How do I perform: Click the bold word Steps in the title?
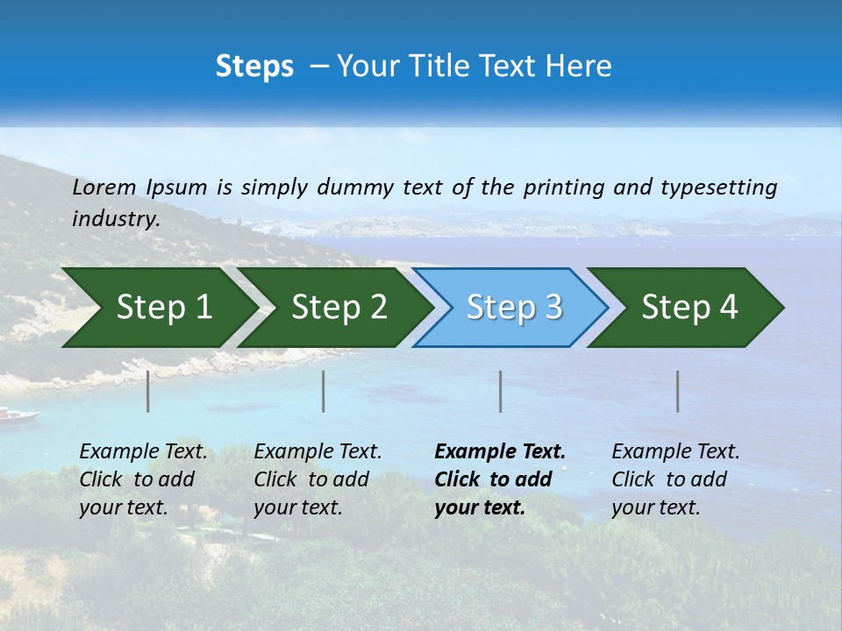coord(254,67)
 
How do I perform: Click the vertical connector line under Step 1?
coord(148,391)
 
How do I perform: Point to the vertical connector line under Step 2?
coord(324,391)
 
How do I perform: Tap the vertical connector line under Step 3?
coord(500,391)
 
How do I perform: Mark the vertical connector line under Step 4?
coord(678,391)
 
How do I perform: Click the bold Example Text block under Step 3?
coord(498,479)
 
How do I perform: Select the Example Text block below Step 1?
coord(142,479)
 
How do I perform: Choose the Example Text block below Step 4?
coord(674,479)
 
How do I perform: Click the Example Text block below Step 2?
coord(317,479)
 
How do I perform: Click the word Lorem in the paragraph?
coord(104,188)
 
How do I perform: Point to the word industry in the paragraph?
coord(115,219)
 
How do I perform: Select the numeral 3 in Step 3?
coord(553,308)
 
